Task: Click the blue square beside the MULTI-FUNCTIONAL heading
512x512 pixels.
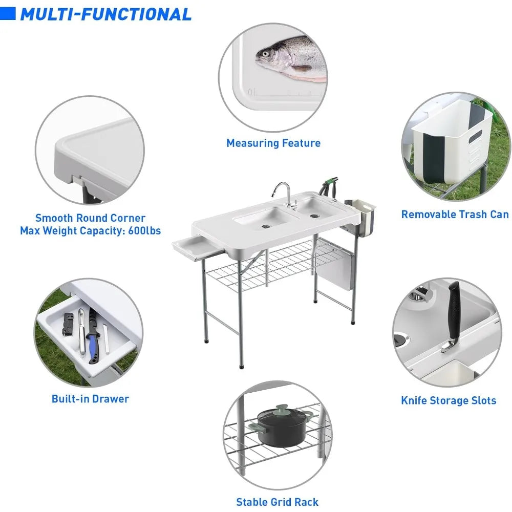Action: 8,14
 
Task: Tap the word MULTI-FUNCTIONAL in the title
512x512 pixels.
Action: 106,14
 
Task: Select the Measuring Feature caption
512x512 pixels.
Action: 273,143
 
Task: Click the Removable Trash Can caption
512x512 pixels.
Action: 455,215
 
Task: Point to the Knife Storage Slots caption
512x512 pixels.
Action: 449,401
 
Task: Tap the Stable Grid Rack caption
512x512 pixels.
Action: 277,502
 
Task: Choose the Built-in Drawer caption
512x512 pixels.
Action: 90,399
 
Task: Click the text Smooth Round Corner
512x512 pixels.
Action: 91,218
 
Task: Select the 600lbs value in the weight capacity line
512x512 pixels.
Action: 144,230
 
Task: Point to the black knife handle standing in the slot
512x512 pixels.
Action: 454,310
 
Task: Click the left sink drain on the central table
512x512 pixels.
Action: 266,226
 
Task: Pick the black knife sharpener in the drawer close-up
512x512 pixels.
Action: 68,324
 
